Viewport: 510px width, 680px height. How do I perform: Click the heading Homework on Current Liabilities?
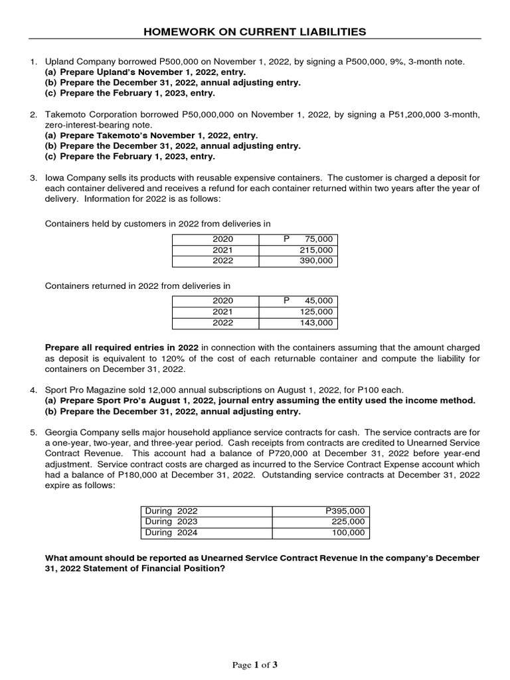click(255, 31)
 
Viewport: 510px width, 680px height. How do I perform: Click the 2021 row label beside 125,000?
click(223, 312)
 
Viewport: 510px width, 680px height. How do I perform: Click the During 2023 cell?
click(171, 521)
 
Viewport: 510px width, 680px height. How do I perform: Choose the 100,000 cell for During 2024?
click(349, 533)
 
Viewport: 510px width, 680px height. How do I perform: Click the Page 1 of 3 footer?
click(255, 665)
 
